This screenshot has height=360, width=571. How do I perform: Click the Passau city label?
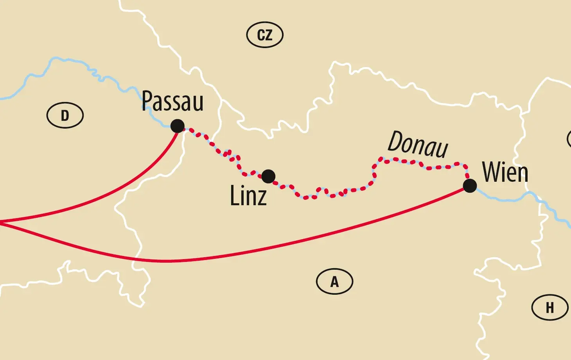pos(172,101)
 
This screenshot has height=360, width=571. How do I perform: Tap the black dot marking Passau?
pos(177,126)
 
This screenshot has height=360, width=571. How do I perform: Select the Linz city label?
pos(248,195)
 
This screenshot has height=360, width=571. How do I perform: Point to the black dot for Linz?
pos(268,176)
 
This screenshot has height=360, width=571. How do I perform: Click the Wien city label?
pos(505,172)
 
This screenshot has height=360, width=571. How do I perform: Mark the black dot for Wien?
pos(470,186)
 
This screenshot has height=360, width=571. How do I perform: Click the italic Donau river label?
pos(418,144)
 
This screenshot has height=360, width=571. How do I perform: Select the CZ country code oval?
pos(265,35)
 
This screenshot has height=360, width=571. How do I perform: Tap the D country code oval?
pos(65,115)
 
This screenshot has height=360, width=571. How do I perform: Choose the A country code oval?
pos(334,281)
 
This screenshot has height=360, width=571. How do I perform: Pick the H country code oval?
pos(550,308)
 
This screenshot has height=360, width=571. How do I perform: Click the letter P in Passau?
pos(147,101)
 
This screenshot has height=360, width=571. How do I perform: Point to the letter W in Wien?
pos(491,172)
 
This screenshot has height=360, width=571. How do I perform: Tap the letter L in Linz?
pos(235,195)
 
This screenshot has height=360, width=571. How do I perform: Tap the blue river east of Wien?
pos(508,199)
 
